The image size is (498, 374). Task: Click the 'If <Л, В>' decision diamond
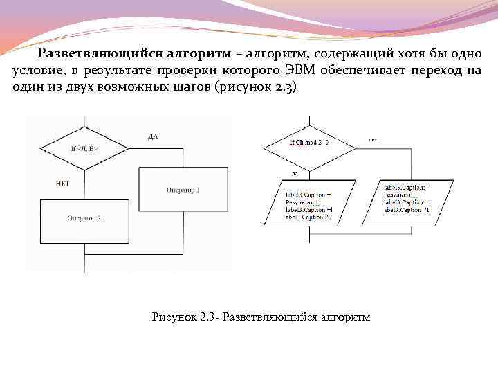[x=84, y=148]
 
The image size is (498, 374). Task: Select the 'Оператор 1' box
[x=183, y=189]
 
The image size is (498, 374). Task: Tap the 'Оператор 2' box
[x=84, y=217]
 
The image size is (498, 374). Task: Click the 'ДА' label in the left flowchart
[x=153, y=136]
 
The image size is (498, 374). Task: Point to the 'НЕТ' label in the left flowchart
[x=62, y=183]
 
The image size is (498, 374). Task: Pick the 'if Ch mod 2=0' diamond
[x=309, y=142]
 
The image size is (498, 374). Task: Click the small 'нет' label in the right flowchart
[x=373, y=139]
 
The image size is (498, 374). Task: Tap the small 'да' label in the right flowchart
[x=295, y=173]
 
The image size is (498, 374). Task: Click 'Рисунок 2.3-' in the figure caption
[x=185, y=317]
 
